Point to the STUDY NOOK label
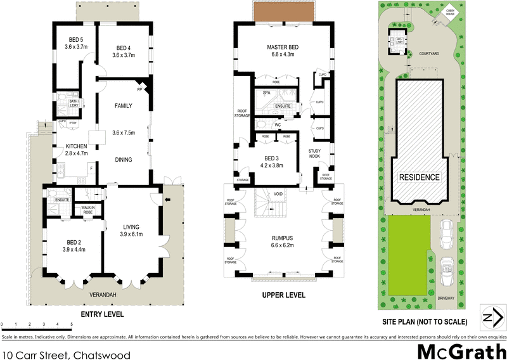(315, 153)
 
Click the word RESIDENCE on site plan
(418, 177)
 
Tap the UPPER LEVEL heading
(283, 295)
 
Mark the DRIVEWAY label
(447, 298)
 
